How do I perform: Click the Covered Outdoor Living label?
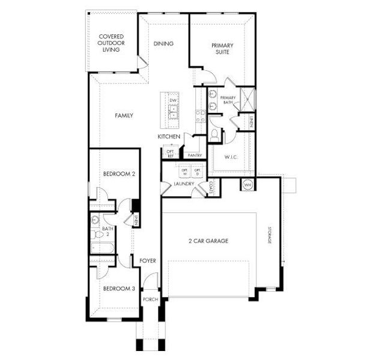click(112, 44)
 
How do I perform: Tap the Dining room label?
click(163, 44)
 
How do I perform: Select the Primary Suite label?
click(222, 49)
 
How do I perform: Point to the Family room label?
click(124, 116)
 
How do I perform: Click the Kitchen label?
click(169, 137)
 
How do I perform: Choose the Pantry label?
click(194, 155)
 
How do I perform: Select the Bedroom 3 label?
click(117, 289)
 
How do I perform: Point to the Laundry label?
click(184, 184)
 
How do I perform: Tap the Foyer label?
click(148, 261)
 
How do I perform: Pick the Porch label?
click(150, 299)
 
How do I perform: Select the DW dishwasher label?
click(172, 100)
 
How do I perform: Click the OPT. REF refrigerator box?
click(170, 154)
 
